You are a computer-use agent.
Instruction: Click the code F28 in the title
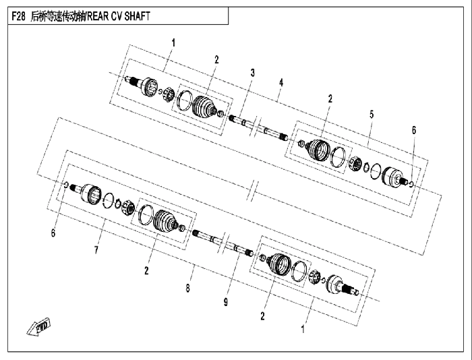[x=18, y=16]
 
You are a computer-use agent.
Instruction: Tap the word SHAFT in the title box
[x=138, y=16]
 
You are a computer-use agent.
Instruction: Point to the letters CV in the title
[x=116, y=16]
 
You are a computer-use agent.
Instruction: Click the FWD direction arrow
[x=39, y=327]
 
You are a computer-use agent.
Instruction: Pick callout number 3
[x=253, y=73]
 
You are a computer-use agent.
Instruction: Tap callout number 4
[x=281, y=82]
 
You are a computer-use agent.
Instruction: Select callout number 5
[x=372, y=115]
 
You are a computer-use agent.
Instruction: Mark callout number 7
[x=96, y=250]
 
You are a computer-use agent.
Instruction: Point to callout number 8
[x=188, y=288]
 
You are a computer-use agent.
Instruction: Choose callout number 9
[x=226, y=302]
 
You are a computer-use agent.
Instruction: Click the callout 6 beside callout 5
[x=414, y=130]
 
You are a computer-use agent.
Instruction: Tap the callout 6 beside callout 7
[x=53, y=233]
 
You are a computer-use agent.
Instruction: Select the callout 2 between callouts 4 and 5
[x=330, y=98]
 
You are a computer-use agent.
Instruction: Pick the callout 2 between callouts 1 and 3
[x=216, y=59]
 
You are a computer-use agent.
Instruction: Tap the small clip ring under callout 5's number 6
[x=412, y=183]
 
